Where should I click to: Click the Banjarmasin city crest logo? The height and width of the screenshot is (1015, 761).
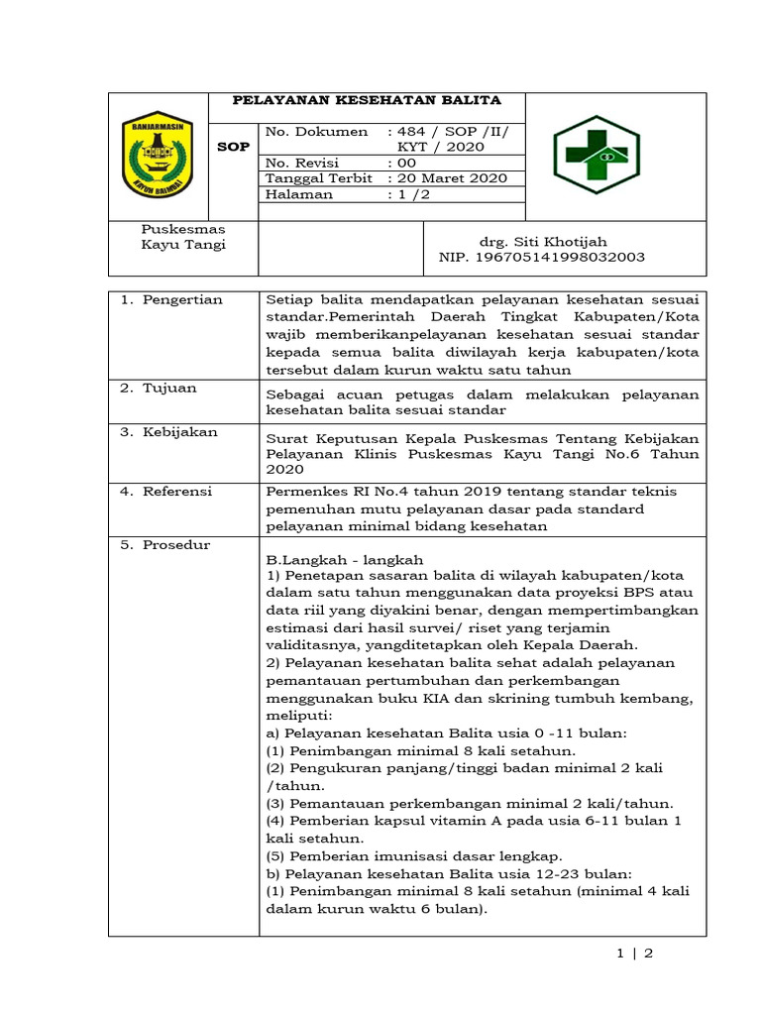click(159, 156)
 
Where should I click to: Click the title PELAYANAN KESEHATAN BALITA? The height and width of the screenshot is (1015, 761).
click(367, 101)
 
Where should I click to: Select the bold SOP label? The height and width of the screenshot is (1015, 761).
click(234, 147)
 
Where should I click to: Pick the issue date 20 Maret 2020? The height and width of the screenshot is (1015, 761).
click(447, 178)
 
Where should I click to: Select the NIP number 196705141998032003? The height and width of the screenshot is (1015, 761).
click(542, 257)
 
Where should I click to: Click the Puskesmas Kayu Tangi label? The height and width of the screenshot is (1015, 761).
click(183, 237)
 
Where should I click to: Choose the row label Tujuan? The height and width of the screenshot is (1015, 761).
click(170, 388)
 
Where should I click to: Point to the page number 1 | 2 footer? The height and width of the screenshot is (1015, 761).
click(635, 954)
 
